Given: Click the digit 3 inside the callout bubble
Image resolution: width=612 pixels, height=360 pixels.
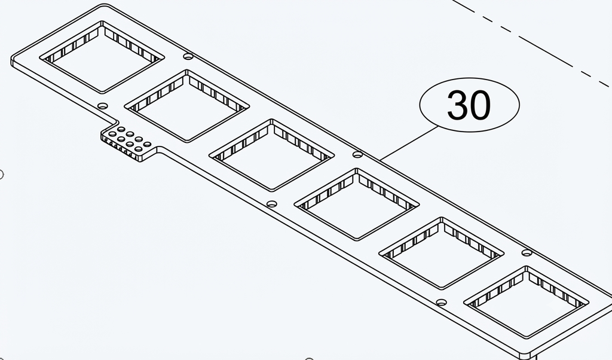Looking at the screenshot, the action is pyautogui.click(x=457, y=105).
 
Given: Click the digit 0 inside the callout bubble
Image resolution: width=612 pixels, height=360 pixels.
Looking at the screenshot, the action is pyautogui.click(x=480, y=105).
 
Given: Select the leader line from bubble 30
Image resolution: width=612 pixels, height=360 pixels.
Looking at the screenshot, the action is pyautogui.click(x=409, y=143).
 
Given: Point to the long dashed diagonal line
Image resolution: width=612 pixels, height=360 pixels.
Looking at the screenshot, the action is pyautogui.click(x=531, y=43).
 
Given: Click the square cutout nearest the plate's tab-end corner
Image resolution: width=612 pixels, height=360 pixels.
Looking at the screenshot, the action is pyautogui.click(x=102, y=57).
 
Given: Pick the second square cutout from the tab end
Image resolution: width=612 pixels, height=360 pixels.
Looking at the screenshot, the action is pyautogui.click(x=187, y=106).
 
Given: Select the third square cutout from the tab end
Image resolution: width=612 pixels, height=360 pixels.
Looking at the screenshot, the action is pyautogui.click(x=272, y=155).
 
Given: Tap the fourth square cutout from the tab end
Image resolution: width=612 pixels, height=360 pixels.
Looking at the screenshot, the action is pyautogui.click(x=357, y=205).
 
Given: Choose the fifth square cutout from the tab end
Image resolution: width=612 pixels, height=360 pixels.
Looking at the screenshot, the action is pyautogui.click(x=442, y=254).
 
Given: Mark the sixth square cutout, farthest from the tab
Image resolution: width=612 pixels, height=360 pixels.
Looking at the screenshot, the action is pyautogui.click(x=526, y=303).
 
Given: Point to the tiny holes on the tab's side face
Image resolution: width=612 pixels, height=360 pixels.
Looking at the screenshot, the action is pyautogui.click(x=118, y=149).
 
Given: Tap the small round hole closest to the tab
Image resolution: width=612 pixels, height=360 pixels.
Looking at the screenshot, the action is pyautogui.click(x=103, y=106).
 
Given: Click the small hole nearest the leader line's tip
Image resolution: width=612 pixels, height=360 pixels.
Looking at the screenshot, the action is pyautogui.click(x=357, y=155).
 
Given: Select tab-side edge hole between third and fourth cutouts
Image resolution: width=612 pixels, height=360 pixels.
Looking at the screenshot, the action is pyautogui.click(x=272, y=204).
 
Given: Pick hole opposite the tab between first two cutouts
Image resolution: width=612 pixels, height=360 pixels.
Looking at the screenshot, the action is pyautogui.click(x=188, y=57).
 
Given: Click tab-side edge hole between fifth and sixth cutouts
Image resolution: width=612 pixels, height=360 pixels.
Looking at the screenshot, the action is pyautogui.click(x=442, y=302).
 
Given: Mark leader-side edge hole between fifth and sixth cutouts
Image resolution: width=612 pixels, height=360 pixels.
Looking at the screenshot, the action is pyautogui.click(x=527, y=253).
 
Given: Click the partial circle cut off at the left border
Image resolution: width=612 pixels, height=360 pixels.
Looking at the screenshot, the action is pyautogui.click(x=2, y=175).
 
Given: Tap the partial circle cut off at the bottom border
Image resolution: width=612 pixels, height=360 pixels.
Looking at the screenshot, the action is pyautogui.click(x=309, y=358).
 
